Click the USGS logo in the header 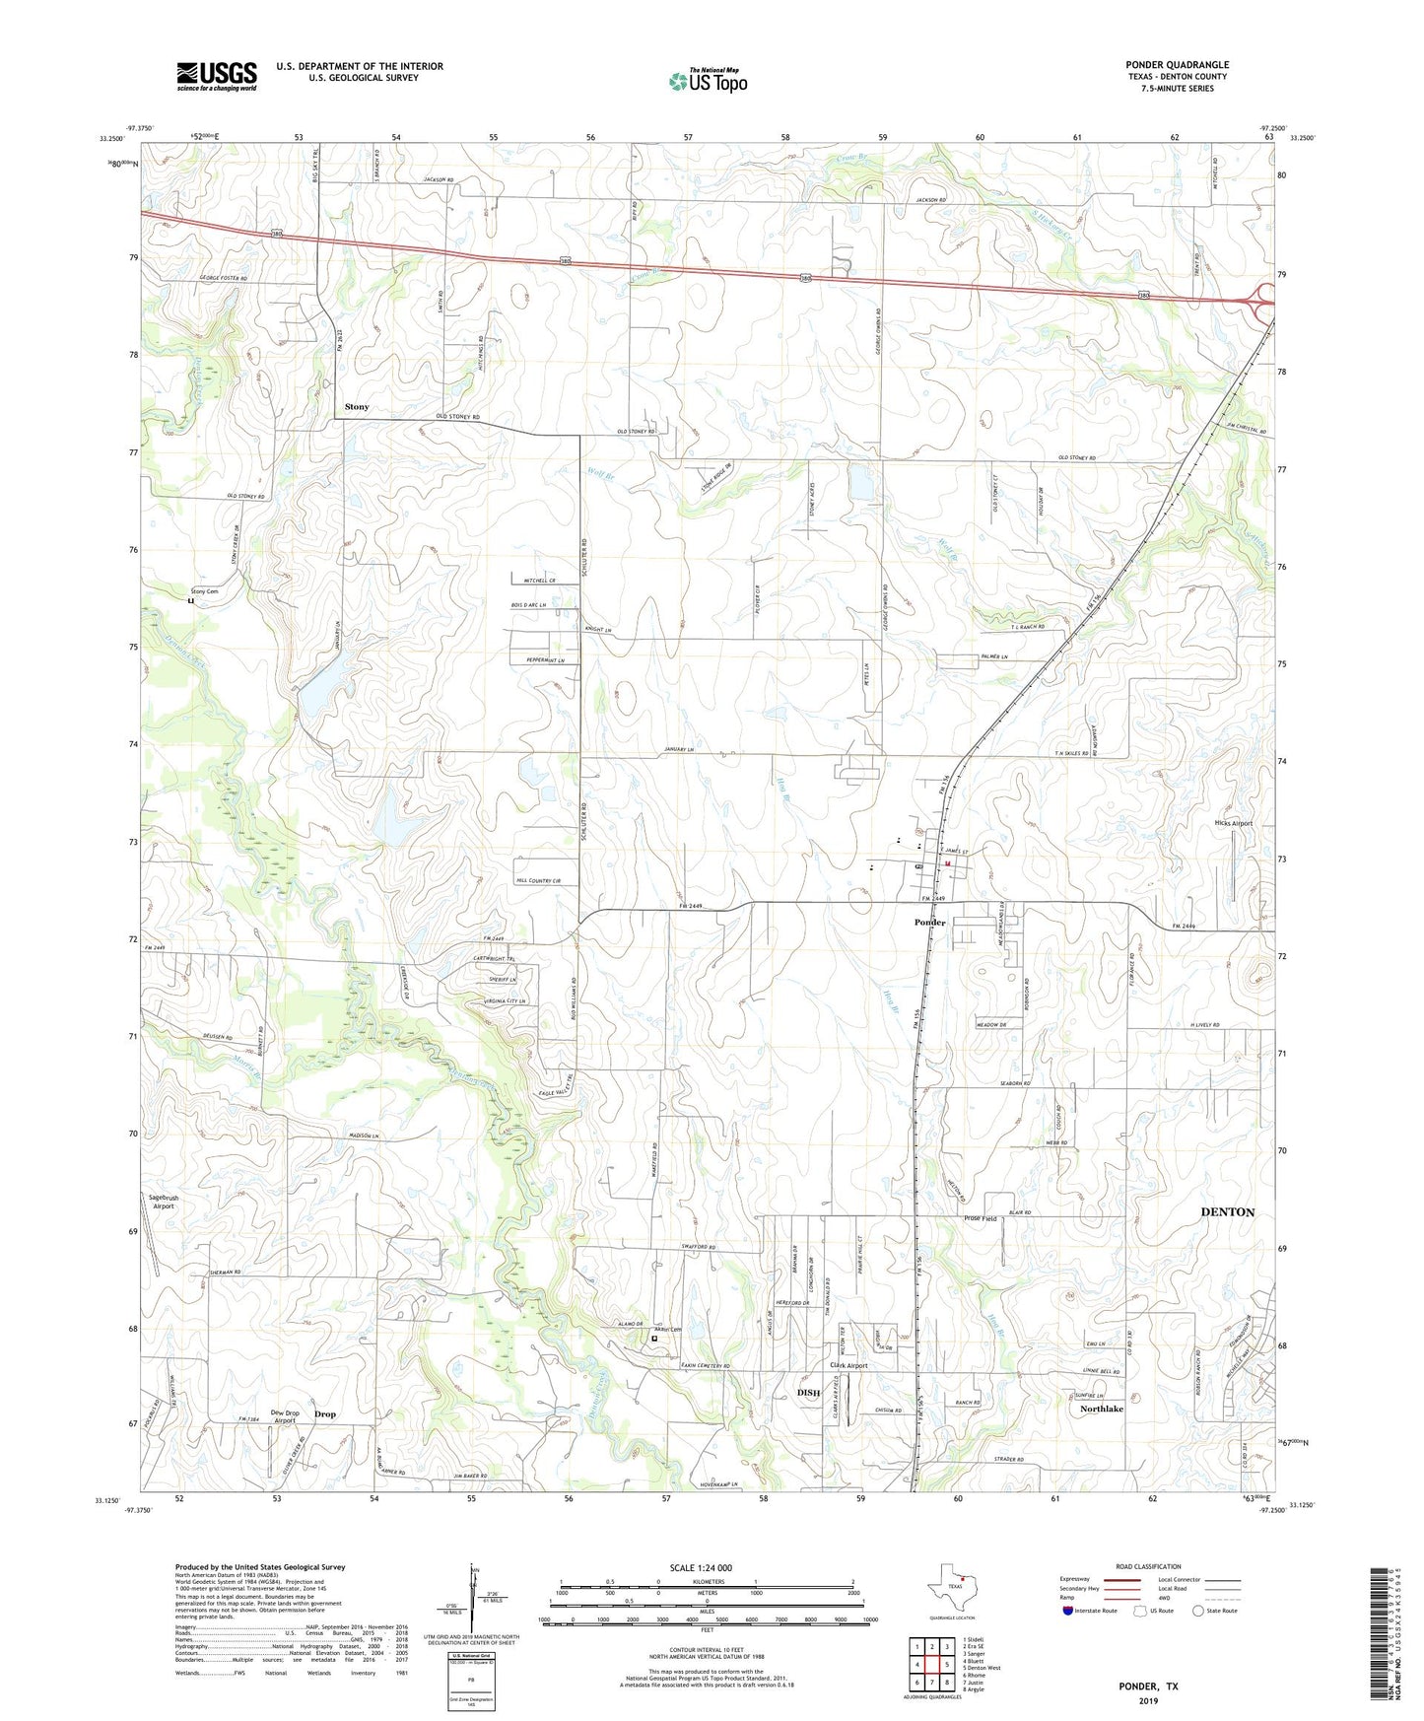[x=217, y=76]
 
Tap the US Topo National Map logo [x=708, y=80]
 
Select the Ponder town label [x=929, y=923]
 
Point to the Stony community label [x=357, y=407]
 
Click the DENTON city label [x=1227, y=1212]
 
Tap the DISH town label [x=808, y=1393]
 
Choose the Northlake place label [x=1101, y=1410]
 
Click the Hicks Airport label [x=1233, y=823]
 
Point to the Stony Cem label [x=204, y=591]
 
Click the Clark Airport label [x=848, y=1366]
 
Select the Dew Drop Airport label [x=285, y=1416]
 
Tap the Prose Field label [x=980, y=1219]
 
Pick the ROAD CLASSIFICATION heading [x=1148, y=1566]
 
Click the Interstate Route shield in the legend [x=1068, y=1611]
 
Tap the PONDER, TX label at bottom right [x=1147, y=1687]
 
